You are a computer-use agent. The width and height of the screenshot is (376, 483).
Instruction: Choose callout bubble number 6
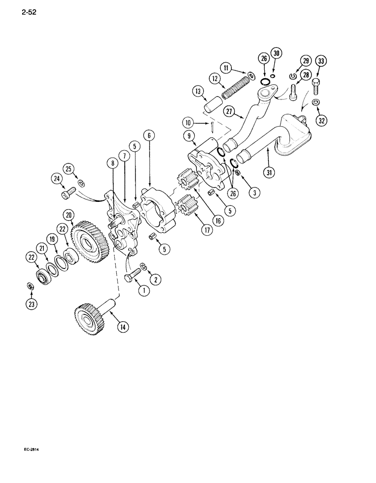click(149, 136)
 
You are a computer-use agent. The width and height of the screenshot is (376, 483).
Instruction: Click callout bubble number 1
click(143, 291)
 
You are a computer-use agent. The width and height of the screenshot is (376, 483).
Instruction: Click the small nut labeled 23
click(29, 287)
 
